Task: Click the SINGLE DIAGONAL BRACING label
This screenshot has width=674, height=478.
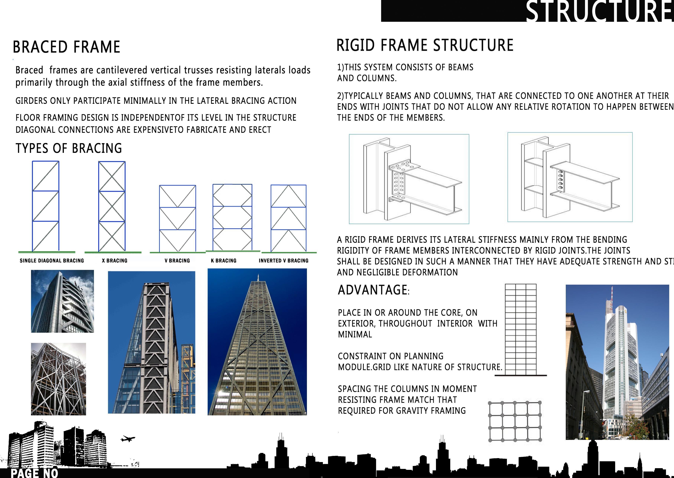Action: [52, 261]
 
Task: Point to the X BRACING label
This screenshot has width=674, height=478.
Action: [115, 261]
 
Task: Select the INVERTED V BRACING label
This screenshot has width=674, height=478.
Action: [284, 261]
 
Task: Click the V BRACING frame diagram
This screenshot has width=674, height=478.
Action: [178, 218]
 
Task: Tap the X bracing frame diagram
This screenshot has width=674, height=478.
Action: [112, 206]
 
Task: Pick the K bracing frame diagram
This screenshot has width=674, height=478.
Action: [232, 217]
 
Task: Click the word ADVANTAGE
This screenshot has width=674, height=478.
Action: [373, 290]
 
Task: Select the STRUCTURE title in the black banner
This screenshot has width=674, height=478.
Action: [599, 12]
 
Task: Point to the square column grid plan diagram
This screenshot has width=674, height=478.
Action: [515, 422]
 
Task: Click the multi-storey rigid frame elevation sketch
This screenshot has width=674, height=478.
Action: [521, 330]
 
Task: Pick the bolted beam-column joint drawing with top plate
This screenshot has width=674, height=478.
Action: [409, 179]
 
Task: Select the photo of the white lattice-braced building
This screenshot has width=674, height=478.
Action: [58, 379]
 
